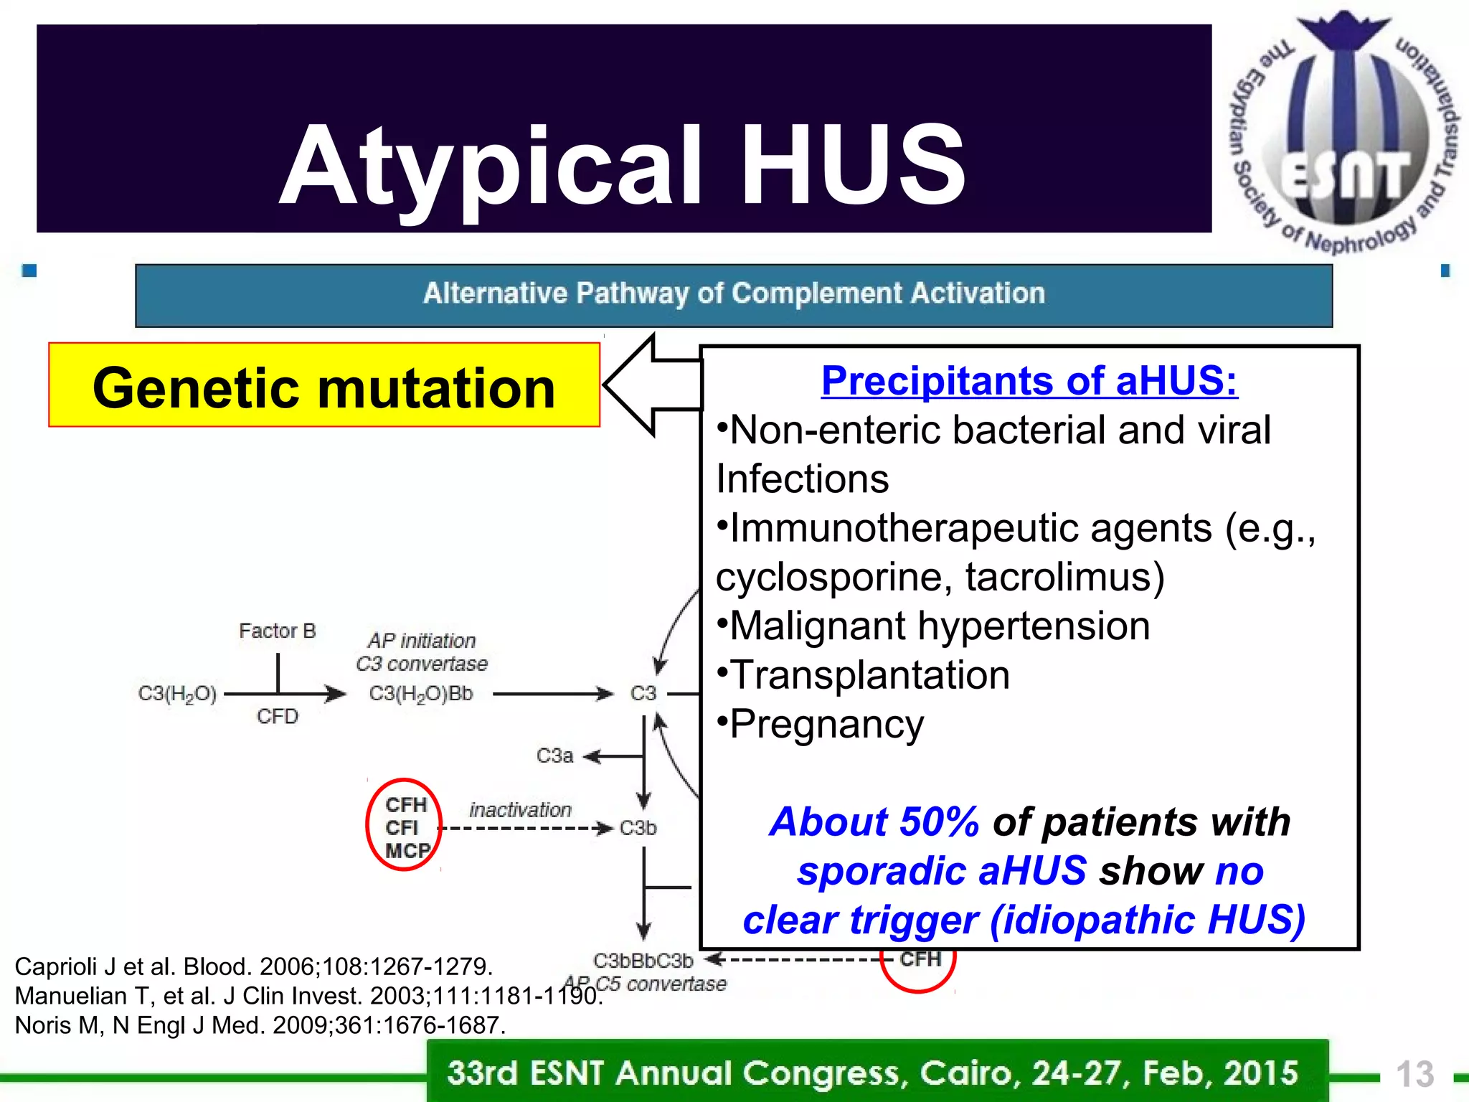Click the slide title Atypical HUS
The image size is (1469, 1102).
point(623,166)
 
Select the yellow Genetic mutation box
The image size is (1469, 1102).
point(324,386)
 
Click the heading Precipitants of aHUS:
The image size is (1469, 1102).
point(1029,380)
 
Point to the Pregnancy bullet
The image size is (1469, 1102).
point(826,724)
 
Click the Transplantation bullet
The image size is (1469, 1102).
point(869,675)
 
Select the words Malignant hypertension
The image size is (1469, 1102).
point(939,626)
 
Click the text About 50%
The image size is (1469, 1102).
point(874,821)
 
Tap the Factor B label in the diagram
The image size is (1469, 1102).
point(277,631)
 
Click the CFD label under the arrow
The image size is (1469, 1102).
point(277,716)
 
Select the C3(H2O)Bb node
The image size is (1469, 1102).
point(421,694)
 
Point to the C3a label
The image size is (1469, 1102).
point(554,755)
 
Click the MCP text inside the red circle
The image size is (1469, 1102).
point(407,851)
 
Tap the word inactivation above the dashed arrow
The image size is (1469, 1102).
point(520,809)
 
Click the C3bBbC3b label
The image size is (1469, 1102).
point(643,960)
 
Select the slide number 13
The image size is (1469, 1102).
point(1414,1075)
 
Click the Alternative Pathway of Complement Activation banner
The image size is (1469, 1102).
point(733,294)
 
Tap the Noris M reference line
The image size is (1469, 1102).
point(260,1025)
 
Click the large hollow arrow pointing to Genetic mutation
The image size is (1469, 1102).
point(649,385)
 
